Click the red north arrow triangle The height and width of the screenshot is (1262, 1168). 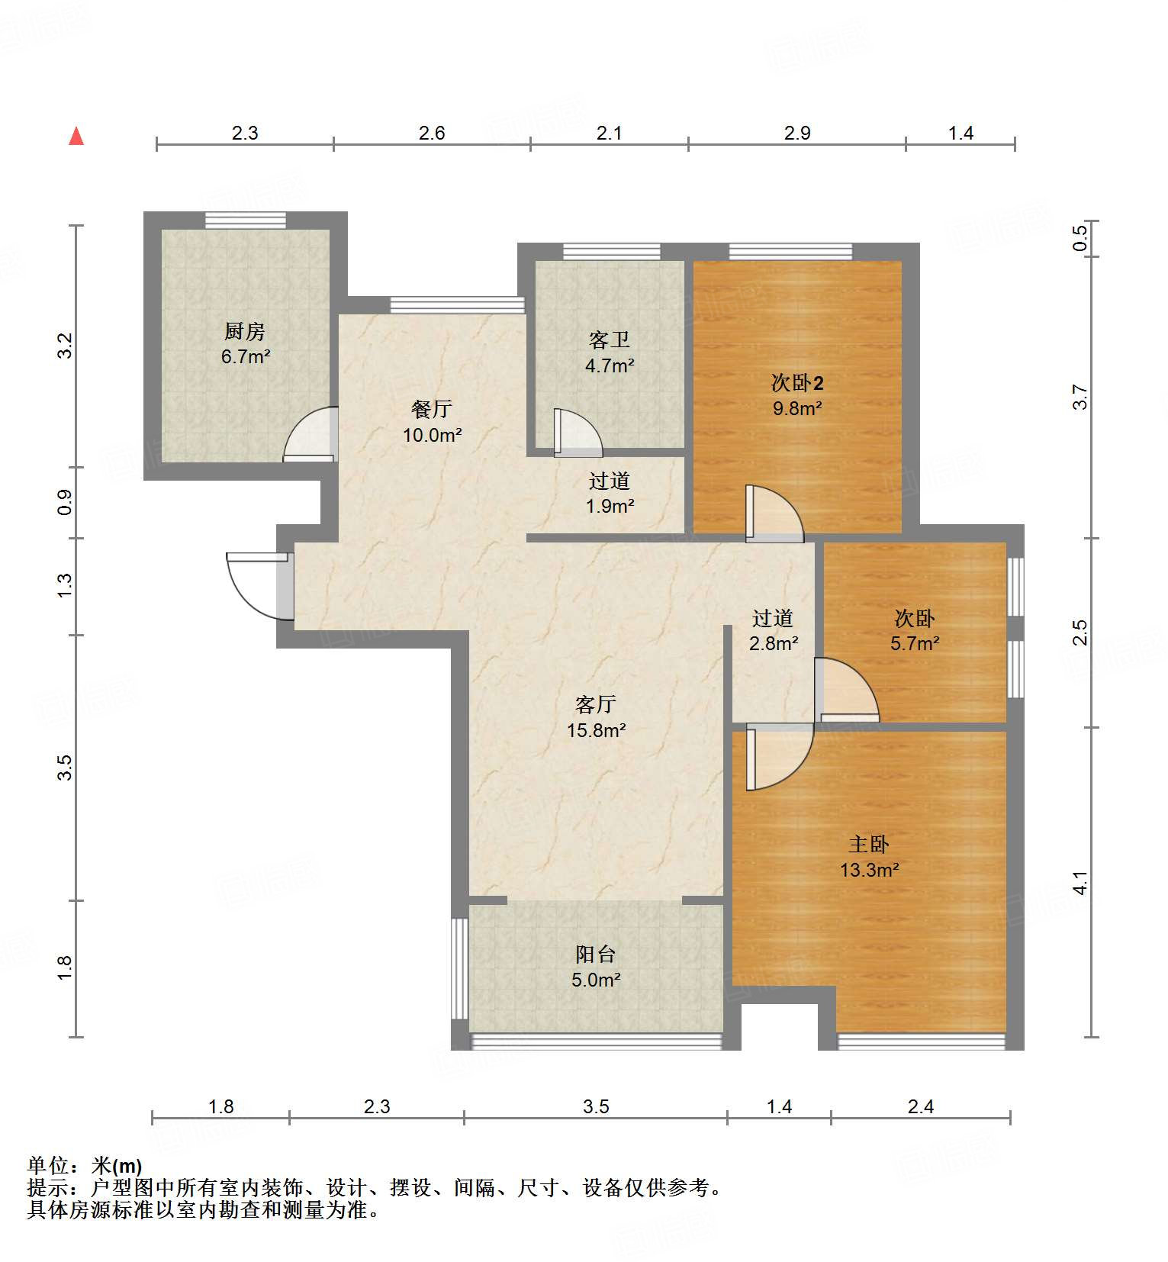(x=76, y=137)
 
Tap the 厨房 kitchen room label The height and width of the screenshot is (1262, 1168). (x=245, y=331)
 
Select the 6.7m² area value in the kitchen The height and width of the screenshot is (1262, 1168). (x=246, y=356)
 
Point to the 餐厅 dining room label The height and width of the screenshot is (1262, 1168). (x=432, y=409)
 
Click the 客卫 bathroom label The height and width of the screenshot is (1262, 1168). (x=610, y=340)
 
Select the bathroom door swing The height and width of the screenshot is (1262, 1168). (x=577, y=433)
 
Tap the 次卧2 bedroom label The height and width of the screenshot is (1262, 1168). (x=797, y=382)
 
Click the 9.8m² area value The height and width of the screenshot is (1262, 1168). (x=797, y=408)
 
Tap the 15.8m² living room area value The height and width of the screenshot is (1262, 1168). (x=596, y=730)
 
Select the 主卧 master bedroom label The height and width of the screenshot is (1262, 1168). (x=869, y=844)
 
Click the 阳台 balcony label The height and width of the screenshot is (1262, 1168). (x=596, y=954)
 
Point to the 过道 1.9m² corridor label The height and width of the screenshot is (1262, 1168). (x=610, y=481)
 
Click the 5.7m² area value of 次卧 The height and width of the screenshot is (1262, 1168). (x=915, y=643)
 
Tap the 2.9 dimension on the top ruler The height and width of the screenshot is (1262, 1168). (x=797, y=133)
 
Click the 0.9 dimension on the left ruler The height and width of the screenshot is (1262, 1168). (x=65, y=502)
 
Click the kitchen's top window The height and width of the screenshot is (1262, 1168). (x=246, y=220)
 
